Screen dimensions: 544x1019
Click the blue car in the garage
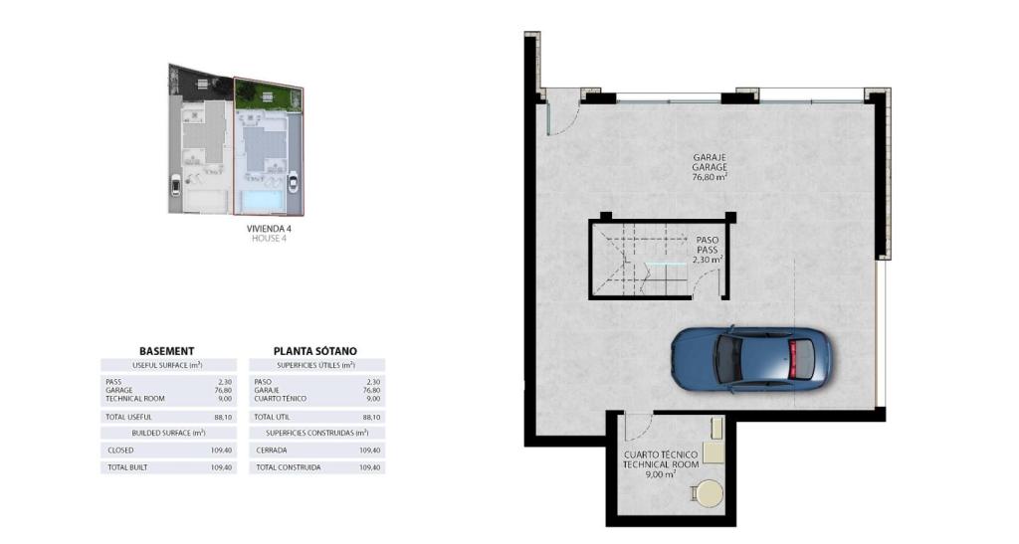[748, 358]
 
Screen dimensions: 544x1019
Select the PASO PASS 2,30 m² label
[709, 249]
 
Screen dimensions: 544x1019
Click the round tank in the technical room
[709, 492]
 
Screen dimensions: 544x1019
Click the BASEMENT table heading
[167, 350]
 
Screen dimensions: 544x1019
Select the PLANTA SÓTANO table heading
[315, 350]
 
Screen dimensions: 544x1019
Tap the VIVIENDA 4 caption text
[269, 228]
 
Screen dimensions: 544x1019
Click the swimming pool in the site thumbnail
[261, 202]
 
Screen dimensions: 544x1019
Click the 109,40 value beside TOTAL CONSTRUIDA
[369, 466]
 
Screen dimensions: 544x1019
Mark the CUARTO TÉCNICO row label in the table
[280, 399]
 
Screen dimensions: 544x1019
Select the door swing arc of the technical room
[635, 429]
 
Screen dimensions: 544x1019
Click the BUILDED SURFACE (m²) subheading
[168, 433]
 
